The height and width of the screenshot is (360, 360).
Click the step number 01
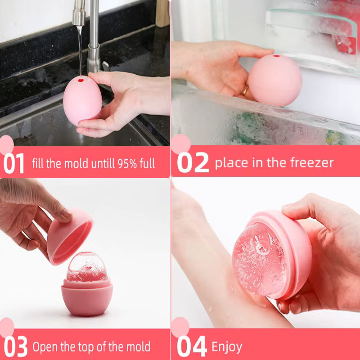point(14,163)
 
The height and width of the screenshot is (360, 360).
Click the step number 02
point(193,163)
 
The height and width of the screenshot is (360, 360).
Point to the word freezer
point(310,162)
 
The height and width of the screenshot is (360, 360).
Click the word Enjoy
point(227,347)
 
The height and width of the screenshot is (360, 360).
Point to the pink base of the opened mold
point(86,297)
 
